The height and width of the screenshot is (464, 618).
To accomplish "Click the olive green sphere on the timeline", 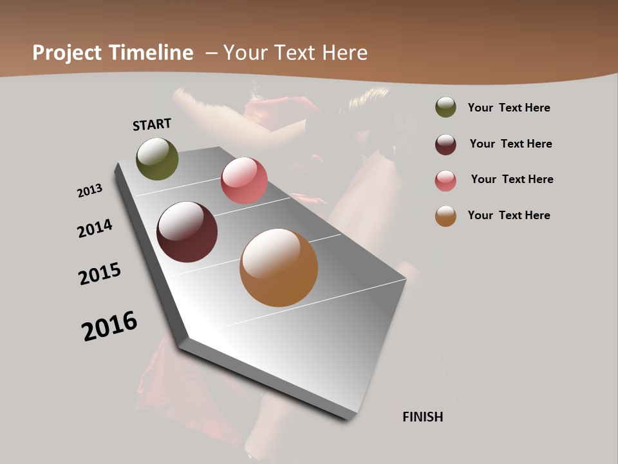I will pos(157,159).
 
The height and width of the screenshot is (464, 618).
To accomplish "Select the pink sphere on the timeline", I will pos(244,180).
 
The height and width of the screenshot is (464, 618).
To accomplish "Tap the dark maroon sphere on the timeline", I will pos(187,232).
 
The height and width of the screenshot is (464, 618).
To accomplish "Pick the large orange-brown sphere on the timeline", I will pos(279,267).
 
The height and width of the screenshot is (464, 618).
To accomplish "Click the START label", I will pos(152,124).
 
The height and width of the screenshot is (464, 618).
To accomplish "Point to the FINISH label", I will pos(423,417).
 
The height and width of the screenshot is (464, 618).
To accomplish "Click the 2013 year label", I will pos(89,191).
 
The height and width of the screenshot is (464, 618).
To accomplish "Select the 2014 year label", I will pos(95,228).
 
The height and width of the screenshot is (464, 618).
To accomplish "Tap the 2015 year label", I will pos(100,274).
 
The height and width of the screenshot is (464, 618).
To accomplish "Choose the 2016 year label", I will pos(109,326).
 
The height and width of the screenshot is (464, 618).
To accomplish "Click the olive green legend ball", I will pos(445,107).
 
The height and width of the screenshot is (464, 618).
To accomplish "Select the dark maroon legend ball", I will pos(445,144).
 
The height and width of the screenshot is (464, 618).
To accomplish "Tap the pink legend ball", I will pos(445,180).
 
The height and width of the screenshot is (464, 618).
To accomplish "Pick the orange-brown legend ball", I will pos(445,216).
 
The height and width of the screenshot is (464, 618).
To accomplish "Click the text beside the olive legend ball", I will pos(509,108).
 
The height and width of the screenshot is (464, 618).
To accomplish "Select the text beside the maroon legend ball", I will pos(510,144).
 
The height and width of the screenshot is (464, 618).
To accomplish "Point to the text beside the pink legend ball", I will pos(512,179).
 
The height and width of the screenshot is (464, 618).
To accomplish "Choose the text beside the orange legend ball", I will pos(509,215).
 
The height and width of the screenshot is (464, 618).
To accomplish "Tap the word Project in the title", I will pos(66,53).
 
